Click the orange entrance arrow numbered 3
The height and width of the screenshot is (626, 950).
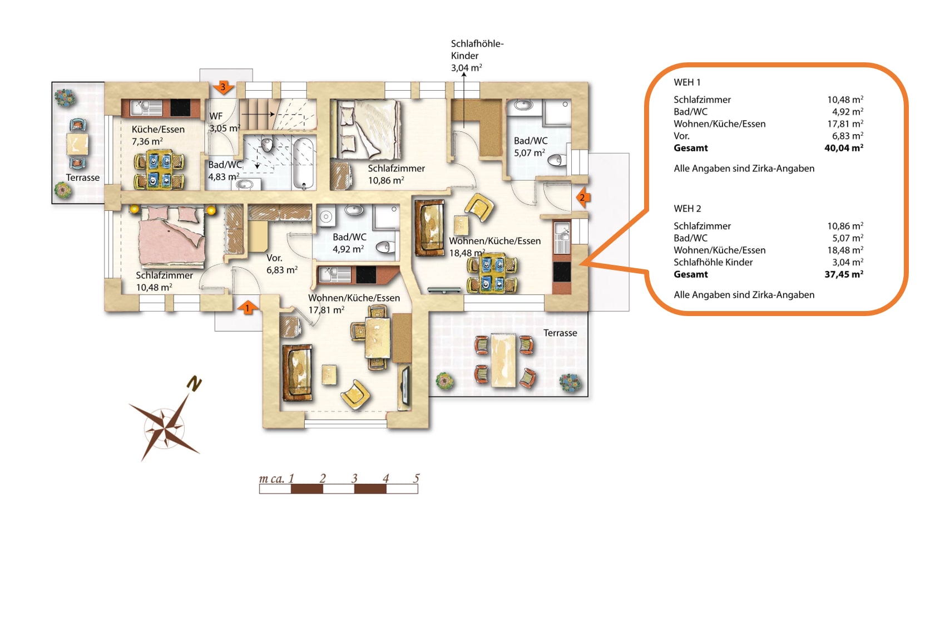222,87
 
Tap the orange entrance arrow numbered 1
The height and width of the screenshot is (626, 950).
248,308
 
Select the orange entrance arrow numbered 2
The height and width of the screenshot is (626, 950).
583,198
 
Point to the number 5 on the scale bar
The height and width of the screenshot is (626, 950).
417,479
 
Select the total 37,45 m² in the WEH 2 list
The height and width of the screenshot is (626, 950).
844,274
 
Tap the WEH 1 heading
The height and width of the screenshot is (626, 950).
687,82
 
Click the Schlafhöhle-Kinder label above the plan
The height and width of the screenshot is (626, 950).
477,50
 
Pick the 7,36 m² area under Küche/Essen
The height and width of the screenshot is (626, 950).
147,141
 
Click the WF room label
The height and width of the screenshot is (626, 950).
216,116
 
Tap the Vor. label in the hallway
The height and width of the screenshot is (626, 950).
274,258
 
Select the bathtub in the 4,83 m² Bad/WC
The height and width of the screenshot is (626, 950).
304,163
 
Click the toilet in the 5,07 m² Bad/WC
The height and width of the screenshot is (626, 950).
557,160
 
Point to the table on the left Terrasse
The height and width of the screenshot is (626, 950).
78,144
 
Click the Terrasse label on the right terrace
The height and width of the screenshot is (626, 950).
560,333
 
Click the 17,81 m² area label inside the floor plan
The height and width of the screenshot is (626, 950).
326,310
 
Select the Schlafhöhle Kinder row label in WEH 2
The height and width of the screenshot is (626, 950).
713,262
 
